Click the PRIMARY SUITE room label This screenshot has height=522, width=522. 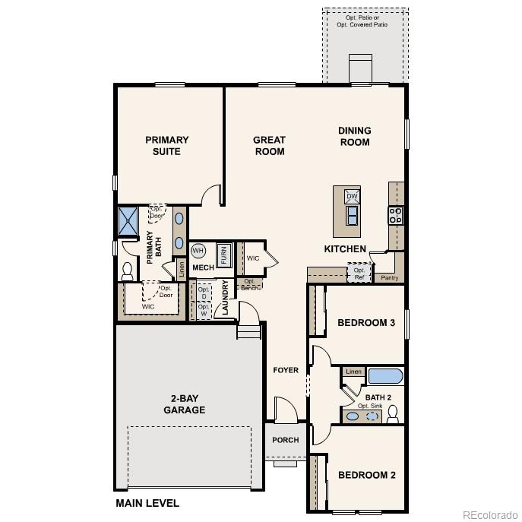pyautogui.click(x=167, y=145)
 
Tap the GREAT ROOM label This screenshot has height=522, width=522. pyautogui.click(x=269, y=145)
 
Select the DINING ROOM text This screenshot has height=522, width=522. pyautogui.click(x=354, y=137)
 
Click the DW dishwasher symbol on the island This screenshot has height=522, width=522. pyautogui.click(x=351, y=196)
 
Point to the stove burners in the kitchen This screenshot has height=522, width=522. pyautogui.click(x=396, y=215)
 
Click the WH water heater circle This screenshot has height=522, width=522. pyautogui.click(x=198, y=251)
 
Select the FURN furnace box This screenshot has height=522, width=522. pyautogui.click(x=223, y=254)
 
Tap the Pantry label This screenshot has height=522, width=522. pyautogui.click(x=389, y=278)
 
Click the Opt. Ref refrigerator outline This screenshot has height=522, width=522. pyautogui.click(x=359, y=273)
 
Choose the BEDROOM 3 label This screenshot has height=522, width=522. pyautogui.click(x=366, y=323)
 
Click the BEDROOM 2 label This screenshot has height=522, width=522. pyautogui.click(x=367, y=476)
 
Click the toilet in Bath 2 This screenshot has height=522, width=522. pyautogui.click(x=393, y=414)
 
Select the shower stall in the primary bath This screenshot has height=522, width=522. pyautogui.click(x=127, y=220)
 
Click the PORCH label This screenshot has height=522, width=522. pyautogui.click(x=286, y=440)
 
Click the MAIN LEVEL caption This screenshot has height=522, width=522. pyautogui.click(x=147, y=503)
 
